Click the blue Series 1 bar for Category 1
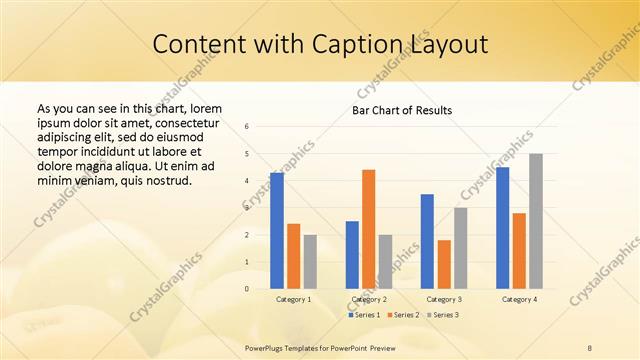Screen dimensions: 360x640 tap(277, 231)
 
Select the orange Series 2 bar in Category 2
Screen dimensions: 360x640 tap(369, 229)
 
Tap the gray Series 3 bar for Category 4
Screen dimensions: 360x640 tap(536, 221)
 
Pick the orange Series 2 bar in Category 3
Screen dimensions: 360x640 tap(444, 264)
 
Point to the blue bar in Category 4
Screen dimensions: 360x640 tap(502, 228)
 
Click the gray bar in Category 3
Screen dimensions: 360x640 tap(460, 248)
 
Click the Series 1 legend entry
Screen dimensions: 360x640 tap(361, 315)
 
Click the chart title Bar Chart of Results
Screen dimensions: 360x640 tap(402, 110)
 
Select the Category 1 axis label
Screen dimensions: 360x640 tap(293, 299)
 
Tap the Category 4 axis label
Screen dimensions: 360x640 tap(519, 299)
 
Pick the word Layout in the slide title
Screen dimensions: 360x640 tap(449, 45)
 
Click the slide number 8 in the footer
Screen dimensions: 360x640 tap(590, 347)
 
